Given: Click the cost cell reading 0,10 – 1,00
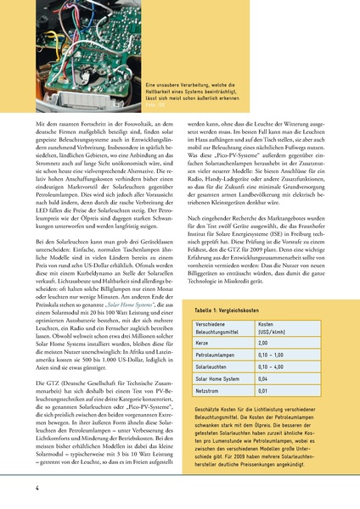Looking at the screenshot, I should [x=274, y=355].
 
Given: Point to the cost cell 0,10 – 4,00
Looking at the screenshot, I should [x=274, y=367].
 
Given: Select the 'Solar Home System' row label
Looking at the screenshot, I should [x=222, y=379].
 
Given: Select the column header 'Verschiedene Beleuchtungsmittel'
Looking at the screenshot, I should [x=221, y=327].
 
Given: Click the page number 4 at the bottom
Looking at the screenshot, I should [x=37, y=488].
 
